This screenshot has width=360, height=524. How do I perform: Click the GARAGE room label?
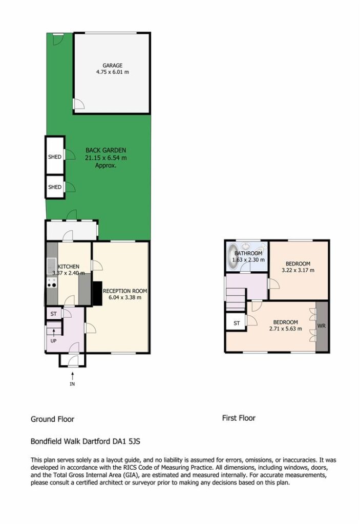[x=113, y=65]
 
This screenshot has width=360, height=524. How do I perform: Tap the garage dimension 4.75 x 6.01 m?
[x=113, y=72]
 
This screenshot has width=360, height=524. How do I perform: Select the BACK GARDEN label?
[x=105, y=150]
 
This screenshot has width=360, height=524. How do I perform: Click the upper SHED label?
[x=54, y=157]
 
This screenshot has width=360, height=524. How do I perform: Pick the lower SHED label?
[x=54, y=187]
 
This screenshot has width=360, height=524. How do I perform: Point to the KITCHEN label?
[x=69, y=267]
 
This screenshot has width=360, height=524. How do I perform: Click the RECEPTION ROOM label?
[x=125, y=291]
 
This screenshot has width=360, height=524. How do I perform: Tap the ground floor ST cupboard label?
[x=54, y=314]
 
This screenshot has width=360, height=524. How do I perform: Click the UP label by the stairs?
[x=53, y=341]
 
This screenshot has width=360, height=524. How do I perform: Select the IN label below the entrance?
[x=72, y=384]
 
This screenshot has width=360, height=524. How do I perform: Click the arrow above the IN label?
[x=72, y=376]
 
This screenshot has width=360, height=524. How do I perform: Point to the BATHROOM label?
[x=248, y=254]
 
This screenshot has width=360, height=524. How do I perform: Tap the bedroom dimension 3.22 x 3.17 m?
[x=298, y=270]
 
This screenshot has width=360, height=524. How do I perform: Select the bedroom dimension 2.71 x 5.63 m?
[x=285, y=329]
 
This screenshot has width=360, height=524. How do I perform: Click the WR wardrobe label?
[x=321, y=325]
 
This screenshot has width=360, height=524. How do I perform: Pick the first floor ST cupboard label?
[x=237, y=323]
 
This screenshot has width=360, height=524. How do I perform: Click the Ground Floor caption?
[x=53, y=419]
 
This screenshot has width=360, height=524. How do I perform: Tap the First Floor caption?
[x=239, y=418]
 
